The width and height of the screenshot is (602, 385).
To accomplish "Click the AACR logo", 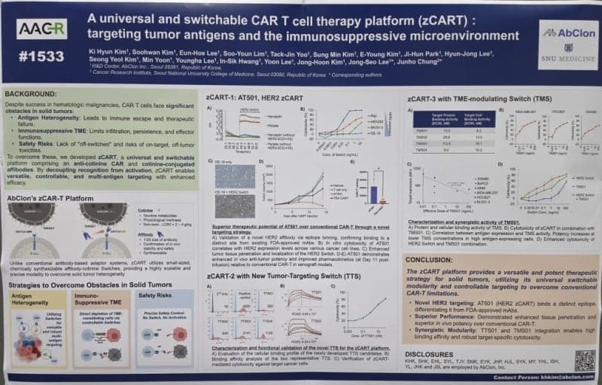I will click(x=42, y=29).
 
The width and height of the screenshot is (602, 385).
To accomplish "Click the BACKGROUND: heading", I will click(x=32, y=93).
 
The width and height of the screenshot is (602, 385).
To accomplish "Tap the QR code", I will click(x=584, y=360).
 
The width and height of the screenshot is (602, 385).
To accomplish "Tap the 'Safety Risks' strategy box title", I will click(x=156, y=295).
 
